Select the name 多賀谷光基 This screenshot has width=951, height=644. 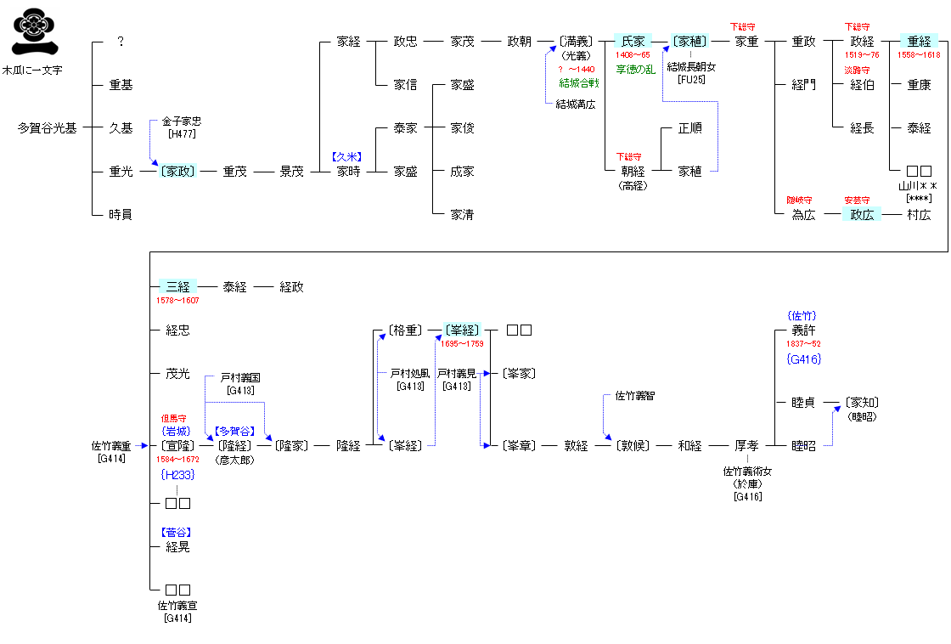coord(48,128)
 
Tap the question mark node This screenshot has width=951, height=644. coord(121,42)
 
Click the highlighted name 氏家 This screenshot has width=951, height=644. coord(633,42)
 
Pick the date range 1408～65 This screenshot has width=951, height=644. coord(633,55)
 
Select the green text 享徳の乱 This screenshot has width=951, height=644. coord(635,69)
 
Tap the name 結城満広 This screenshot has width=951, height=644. coord(576,105)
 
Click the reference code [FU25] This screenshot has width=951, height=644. coord(692,79)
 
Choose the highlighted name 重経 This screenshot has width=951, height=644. coord(919,42)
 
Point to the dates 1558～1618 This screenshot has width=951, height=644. coord(919,55)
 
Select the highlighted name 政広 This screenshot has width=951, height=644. coord(862,215)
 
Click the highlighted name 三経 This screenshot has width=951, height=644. coord(177,287)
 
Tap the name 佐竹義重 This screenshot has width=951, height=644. coord(111,445)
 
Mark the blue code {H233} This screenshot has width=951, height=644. coord(177,474)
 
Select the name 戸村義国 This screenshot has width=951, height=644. coord(240,377)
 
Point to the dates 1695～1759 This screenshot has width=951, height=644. coord(462,344)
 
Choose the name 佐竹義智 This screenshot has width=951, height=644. coord(635,396)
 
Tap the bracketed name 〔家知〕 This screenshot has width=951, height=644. coord(862,403)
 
